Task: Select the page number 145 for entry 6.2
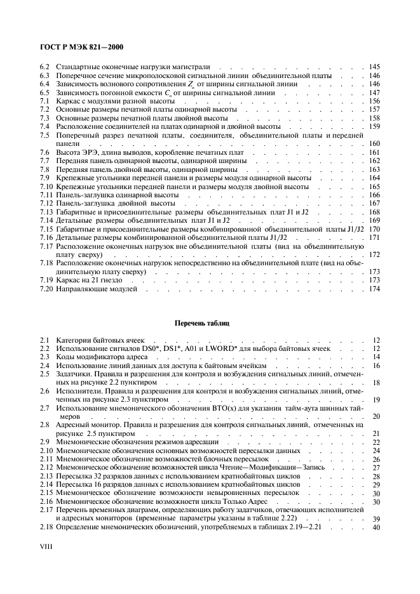click(374, 67)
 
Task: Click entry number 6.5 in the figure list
click(44, 93)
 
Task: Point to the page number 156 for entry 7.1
click(374, 102)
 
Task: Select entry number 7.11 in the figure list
click(46, 195)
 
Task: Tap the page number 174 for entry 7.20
click(374, 289)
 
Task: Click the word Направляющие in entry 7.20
click(79, 289)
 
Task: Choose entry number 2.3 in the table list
click(44, 357)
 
